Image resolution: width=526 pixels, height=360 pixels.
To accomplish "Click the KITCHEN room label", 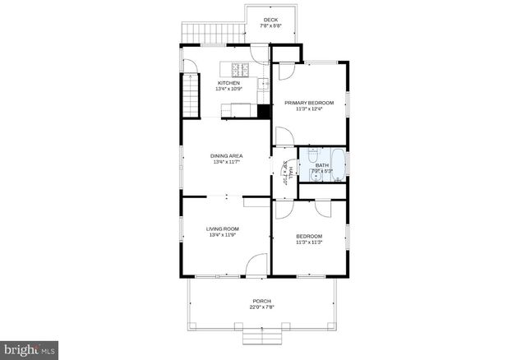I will [x=228, y=83].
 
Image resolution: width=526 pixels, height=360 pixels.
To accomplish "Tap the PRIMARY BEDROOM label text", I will [x=309, y=103].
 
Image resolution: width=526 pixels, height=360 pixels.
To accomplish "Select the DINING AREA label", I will [x=226, y=155].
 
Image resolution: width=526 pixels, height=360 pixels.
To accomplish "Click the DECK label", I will [x=270, y=20].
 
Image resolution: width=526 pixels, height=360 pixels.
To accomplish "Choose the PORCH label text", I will [x=261, y=301].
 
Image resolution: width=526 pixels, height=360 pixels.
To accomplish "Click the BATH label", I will [x=321, y=165].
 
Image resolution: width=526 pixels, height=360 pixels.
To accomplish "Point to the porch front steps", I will [x=261, y=339].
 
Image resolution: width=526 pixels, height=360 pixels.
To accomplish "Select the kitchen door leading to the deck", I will [x=260, y=55].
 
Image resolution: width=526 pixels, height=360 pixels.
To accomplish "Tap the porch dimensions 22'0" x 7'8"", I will [x=261, y=307].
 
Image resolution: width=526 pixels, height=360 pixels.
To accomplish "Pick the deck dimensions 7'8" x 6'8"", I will [x=270, y=26].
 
